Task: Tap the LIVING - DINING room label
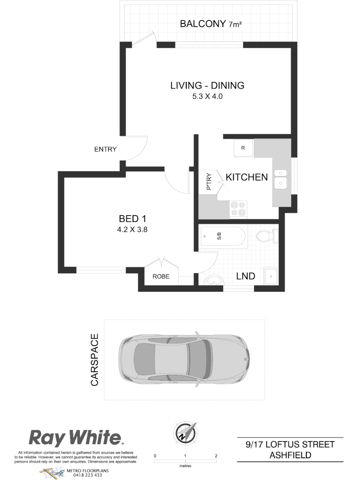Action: (207, 85)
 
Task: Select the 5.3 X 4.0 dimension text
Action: (207, 96)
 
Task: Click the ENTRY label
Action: (106, 150)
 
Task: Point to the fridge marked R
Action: (243, 148)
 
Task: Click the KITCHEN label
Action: (247, 177)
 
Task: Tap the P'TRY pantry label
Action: (209, 181)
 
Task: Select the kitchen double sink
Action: (281, 178)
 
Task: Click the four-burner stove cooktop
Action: (238, 209)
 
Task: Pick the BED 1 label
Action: (133, 219)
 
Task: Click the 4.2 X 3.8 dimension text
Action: (133, 229)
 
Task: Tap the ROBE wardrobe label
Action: (161, 276)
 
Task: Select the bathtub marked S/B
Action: (223, 236)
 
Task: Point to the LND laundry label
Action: (246, 276)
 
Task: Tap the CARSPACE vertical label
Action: (95, 360)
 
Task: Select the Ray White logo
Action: (76, 438)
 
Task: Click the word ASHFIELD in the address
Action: (290, 455)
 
